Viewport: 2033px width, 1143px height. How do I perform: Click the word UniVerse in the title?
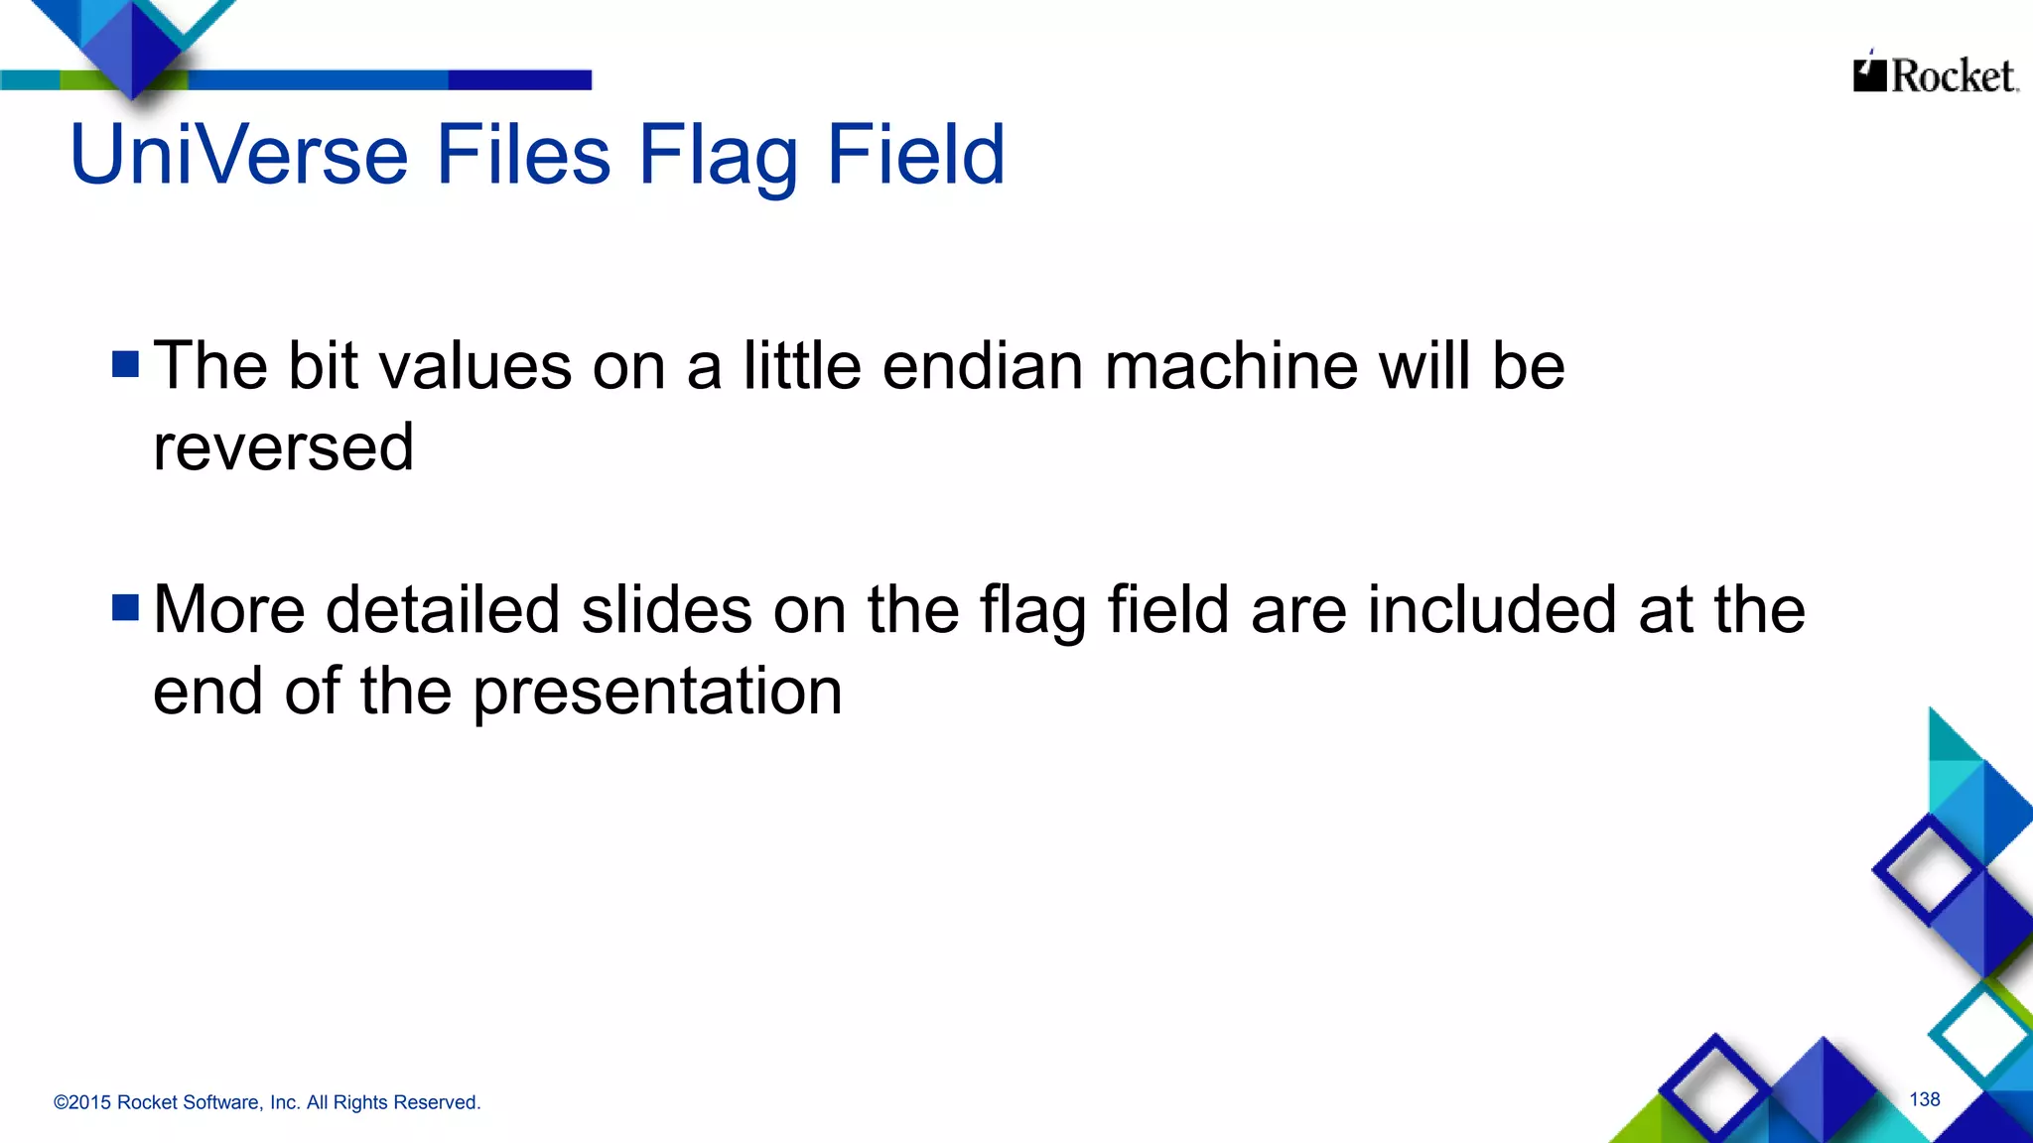pyautogui.click(x=238, y=155)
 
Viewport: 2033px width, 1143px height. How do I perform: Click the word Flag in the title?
pyautogui.click(x=717, y=155)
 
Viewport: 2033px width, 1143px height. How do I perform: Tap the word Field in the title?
pyautogui.click(x=915, y=155)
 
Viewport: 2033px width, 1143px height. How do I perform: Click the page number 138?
pyautogui.click(x=1924, y=1099)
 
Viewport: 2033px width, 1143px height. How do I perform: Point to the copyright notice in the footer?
pyautogui.click(x=266, y=1102)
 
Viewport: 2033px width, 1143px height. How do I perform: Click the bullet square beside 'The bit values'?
pyautogui.click(x=126, y=364)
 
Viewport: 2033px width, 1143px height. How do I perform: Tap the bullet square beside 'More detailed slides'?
pyautogui.click(x=126, y=607)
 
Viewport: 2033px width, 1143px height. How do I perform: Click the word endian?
pyautogui.click(x=982, y=366)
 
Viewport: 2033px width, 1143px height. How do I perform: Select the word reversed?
pyautogui.click(x=283, y=447)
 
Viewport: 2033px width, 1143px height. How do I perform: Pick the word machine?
pyautogui.click(x=1231, y=366)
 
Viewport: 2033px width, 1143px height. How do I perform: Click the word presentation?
pyautogui.click(x=656, y=692)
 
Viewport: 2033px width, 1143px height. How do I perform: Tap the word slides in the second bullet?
pyautogui.click(x=666, y=609)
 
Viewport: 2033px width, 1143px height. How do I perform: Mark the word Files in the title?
pyautogui.click(x=523, y=155)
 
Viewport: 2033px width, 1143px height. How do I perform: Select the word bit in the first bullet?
pyautogui.click(x=323, y=366)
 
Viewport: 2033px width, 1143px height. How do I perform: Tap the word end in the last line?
pyautogui.click(x=207, y=692)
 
